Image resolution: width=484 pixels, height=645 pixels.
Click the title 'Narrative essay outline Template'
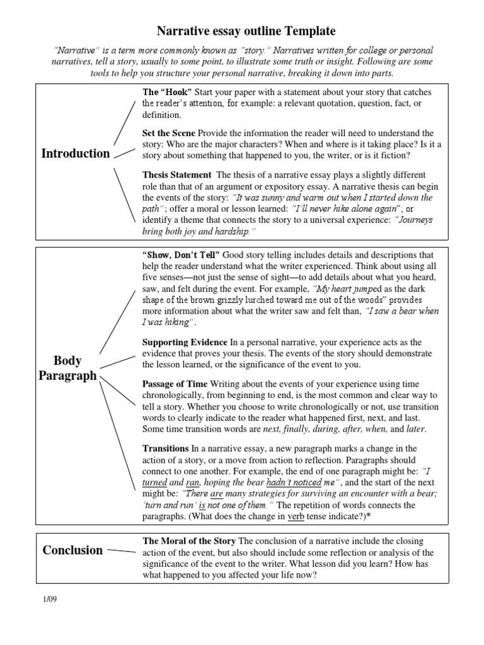click(x=246, y=31)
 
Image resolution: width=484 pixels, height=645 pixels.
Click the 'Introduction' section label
click(x=75, y=154)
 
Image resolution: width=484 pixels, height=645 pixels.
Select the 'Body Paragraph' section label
click(x=68, y=369)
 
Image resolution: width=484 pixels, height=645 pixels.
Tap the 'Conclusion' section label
click(x=72, y=550)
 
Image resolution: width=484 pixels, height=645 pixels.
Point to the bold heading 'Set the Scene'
click(x=169, y=133)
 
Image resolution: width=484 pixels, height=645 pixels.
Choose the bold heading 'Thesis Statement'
click(x=178, y=174)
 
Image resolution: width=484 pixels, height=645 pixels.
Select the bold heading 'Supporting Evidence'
click(x=185, y=342)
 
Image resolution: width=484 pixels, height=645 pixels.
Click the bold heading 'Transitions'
click(x=165, y=448)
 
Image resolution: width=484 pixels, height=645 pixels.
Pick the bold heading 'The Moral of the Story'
click(x=189, y=541)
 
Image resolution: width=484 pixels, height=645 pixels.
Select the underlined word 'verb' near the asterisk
click(x=296, y=517)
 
